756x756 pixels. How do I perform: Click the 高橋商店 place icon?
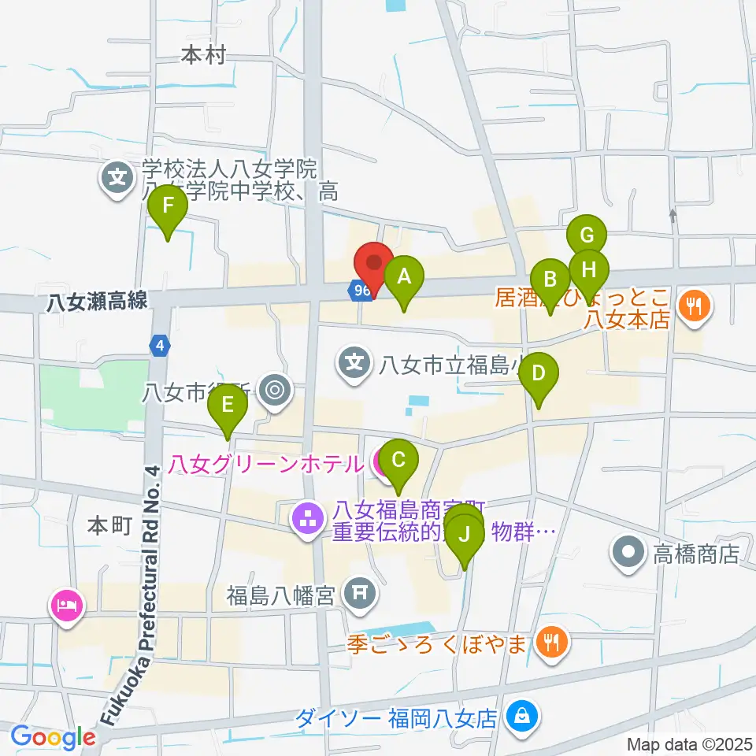click(628, 553)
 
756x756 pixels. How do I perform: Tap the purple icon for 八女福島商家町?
click(306, 518)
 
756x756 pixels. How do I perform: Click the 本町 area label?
click(109, 526)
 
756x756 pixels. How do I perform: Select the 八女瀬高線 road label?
click(96, 301)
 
